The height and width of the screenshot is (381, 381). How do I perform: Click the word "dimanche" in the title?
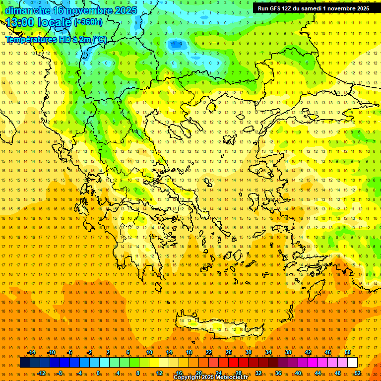pos(27,10)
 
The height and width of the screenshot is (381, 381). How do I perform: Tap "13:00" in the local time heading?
pos(19,22)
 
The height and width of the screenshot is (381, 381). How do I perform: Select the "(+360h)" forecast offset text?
pos(88,22)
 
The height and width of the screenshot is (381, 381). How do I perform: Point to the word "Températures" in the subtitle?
pos(29,39)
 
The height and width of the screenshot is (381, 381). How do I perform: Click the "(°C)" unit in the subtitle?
pos(99,39)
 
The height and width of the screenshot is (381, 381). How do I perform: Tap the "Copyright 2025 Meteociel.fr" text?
pos(210,378)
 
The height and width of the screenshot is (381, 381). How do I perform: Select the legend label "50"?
pos(348,352)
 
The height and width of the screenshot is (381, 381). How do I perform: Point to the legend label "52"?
pos(358,373)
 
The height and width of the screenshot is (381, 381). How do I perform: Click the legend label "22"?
pos(209,352)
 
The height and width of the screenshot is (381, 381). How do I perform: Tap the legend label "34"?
pos(268,352)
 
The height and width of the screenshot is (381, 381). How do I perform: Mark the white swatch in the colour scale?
pos(352,363)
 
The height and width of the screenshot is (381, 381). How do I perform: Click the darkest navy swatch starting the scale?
pos(25,363)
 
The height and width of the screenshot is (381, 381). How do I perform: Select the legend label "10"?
pos(149,352)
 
